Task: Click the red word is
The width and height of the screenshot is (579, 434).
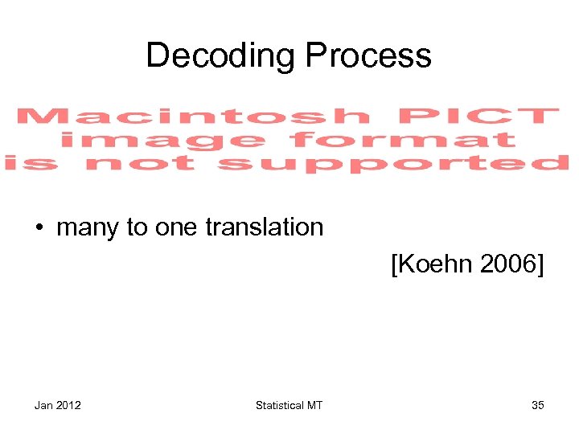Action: (34, 164)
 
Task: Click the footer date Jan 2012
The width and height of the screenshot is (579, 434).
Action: (57, 405)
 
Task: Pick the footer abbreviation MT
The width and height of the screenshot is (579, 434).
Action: (314, 405)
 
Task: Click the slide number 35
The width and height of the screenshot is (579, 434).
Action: (537, 405)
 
